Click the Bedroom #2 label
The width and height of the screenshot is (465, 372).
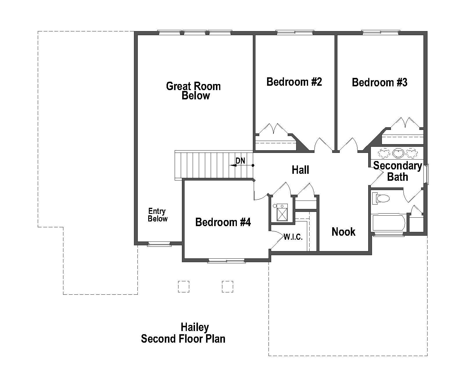point(294,82)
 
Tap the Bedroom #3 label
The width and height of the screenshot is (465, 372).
point(380,83)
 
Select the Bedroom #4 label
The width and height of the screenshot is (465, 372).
point(223,222)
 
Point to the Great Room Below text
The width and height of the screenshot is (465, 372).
point(194,91)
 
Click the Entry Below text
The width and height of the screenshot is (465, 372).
point(157,215)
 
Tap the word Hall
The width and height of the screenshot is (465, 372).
point(300,170)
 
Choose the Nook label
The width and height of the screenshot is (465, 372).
point(343,232)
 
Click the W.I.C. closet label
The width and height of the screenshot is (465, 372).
point(293,237)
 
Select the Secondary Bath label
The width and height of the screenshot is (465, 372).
point(398,171)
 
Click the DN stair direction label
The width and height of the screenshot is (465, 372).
point(240,161)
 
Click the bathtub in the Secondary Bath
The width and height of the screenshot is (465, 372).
point(388,223)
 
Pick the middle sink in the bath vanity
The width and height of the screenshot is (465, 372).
point(398,152)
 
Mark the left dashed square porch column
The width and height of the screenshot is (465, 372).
point(183,286)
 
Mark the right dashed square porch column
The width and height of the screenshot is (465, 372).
point(227,286)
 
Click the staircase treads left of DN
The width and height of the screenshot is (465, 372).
point(203,164)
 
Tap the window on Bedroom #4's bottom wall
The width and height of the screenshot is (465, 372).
point(226,261)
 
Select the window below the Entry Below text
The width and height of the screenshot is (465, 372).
point(159,244)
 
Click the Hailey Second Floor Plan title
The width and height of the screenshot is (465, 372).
point(184,333)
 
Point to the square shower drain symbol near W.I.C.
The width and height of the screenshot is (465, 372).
point(282,213)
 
